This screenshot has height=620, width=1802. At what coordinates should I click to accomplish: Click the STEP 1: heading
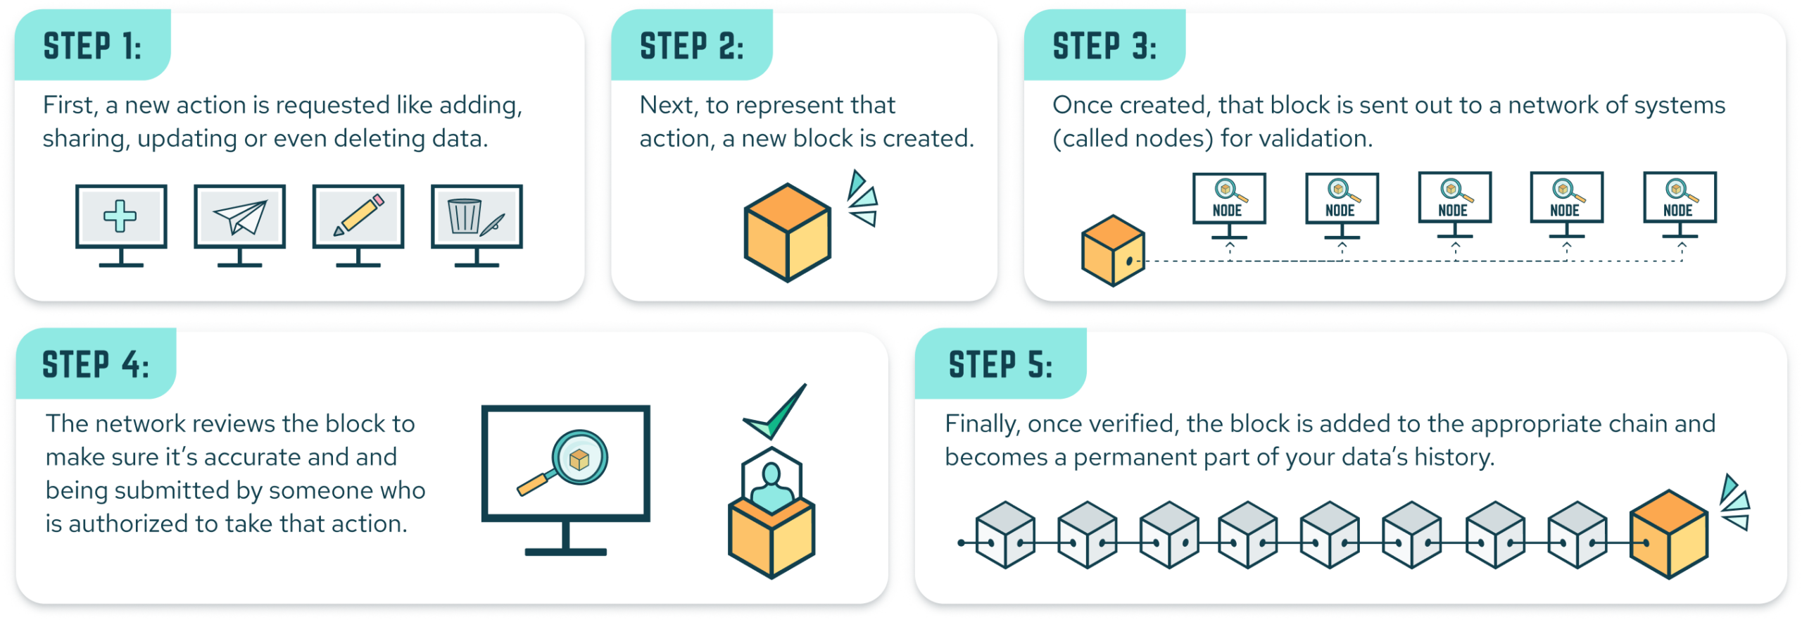[x=92, y=46]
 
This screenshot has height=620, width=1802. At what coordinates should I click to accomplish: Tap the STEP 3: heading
[x=1104, y=46]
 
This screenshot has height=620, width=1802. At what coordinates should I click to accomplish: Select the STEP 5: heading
[x=1000, y=365]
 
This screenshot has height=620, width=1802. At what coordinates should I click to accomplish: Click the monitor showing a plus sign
[x=121, y=217]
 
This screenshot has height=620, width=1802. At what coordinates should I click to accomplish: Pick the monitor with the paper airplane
[x=239, y=217]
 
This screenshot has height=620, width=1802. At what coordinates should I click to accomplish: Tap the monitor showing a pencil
[x=358, y=217]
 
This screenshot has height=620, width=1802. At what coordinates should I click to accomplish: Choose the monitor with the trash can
[x=477, y=217]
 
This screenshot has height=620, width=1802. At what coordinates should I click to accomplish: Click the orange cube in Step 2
[x=788, y=232]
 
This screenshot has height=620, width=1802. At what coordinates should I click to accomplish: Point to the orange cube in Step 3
[x=1113, y=251]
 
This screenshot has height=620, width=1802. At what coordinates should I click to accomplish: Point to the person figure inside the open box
[x=771, y=486]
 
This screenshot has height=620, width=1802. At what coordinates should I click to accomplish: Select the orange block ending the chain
[x=1669, y=534]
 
